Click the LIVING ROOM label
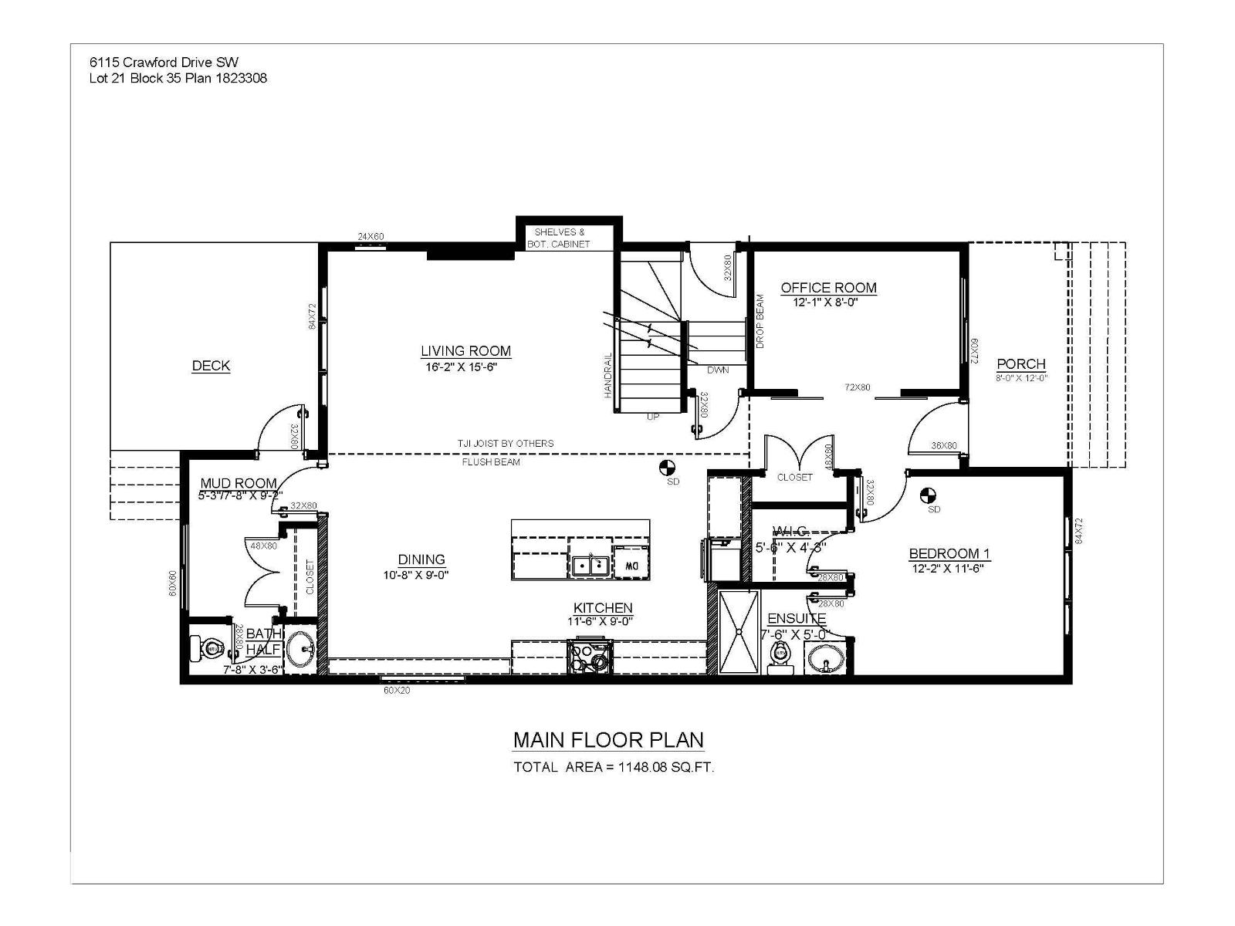click(x=465, y=351)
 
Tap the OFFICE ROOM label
click(x=828, y=288)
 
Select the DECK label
click(x=211, y=366)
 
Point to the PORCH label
click(x=1020, y=364)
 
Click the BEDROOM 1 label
click(x=949, y=553)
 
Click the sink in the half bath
click(x=301, y=649)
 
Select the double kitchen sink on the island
click(x=590, y=566)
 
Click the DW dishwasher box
click(x=631, y=565)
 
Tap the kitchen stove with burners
click(x=589, y=657)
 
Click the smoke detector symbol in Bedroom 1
click(x=929, y=494)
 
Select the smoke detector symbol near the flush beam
click(x=668, y=467)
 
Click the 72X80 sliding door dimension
click(x=858, y=387)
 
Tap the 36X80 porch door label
click(x=943, y=445)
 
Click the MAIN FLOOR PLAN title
click(x=608, y=740)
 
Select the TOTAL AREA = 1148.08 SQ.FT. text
click(x=614, y=767)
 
